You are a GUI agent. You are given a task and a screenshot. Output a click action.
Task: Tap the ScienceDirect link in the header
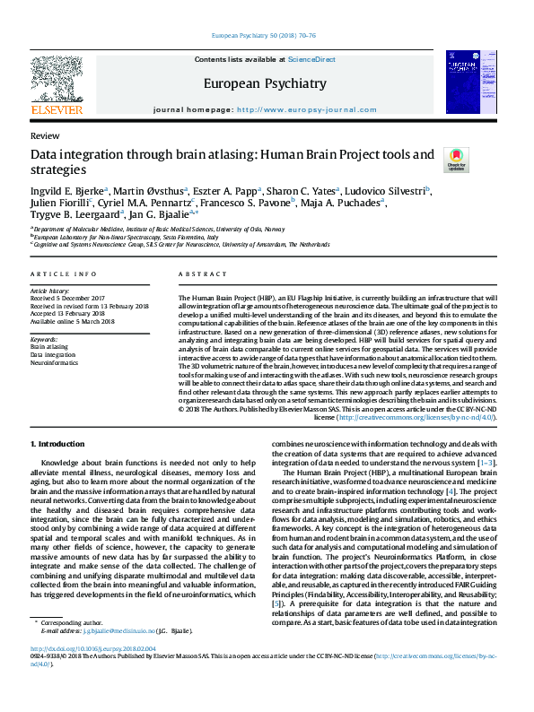click(311, 59)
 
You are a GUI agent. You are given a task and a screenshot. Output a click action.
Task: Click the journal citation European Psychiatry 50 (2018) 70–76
click(267, 35)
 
